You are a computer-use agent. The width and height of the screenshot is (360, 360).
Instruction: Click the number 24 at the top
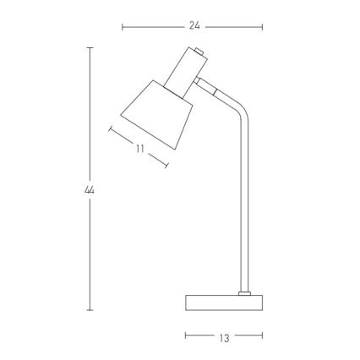click(x=194, y=26)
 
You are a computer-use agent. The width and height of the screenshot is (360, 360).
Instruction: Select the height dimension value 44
click(x=90, y=189)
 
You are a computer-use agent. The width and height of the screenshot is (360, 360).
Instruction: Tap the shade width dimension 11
click(x=139, y=148)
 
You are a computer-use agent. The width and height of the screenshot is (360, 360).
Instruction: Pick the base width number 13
click(x=224, y=337)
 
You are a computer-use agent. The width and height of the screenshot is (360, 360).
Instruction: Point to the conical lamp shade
click(x=155, y=116)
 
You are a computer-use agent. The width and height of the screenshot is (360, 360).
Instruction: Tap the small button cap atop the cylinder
click(x=200, y=54)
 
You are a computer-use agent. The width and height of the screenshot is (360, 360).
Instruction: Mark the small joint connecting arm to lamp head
click(x=206, y=85)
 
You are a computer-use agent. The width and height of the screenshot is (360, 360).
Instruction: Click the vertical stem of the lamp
click(x=246, y=203)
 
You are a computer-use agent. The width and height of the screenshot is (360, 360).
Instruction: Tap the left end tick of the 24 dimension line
click(x=123, y=26)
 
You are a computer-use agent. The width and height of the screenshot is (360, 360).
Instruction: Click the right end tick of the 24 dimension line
click(x=263, y=26)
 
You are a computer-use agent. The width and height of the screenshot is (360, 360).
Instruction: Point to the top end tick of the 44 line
click(x=90, y=48)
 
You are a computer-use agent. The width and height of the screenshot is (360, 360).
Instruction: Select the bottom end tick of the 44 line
click(x=90, y=310)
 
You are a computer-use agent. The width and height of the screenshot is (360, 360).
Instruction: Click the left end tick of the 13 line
click(x=186, y=336)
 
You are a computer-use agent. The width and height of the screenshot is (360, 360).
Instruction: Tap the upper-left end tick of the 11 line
click(x=111, y=129)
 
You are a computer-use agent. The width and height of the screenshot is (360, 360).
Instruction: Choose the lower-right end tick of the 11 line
click(x=166, y=162)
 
